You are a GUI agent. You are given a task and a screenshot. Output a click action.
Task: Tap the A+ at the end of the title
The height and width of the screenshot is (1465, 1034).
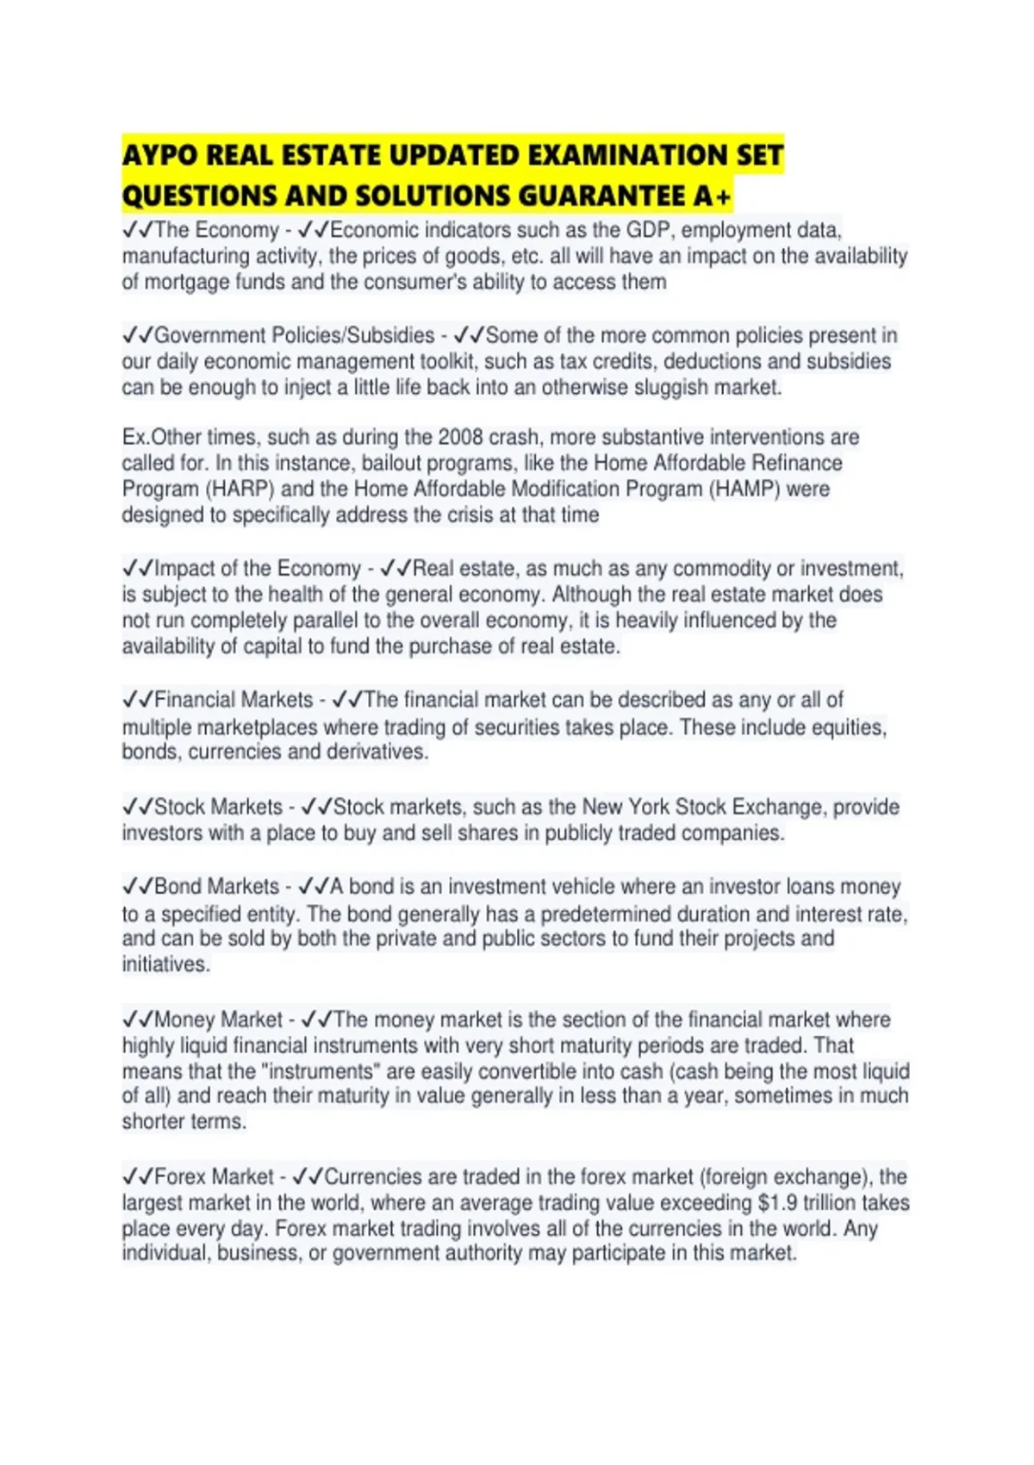pos(712,196)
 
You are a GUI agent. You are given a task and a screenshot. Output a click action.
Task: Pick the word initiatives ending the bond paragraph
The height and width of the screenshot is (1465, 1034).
pos(165,964)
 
